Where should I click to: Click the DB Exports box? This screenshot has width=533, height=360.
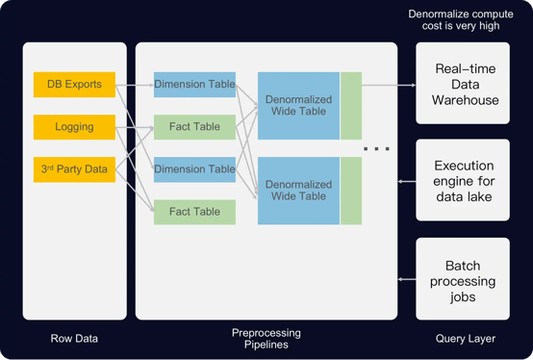point(74,84)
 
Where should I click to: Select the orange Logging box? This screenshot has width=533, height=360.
point(74,126)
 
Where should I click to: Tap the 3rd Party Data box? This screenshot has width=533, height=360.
point(74,169)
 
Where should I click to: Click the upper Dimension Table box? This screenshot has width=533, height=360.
point(195,84)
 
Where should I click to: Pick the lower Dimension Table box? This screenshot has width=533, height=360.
point(195,169)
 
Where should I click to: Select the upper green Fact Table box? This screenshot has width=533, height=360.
point(195,126)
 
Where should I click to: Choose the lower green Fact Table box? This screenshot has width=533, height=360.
point(195,212)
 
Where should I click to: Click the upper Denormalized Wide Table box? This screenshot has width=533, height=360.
point(298,106)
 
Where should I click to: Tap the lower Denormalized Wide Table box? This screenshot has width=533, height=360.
point(298,191)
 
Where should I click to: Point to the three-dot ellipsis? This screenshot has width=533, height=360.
point(376,149)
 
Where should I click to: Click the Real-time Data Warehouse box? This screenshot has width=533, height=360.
point(463,84)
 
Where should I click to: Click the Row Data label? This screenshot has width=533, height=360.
point(74,338)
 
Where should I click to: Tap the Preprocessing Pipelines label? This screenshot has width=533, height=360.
point(266,339)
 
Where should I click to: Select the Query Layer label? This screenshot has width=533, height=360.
point(463,338)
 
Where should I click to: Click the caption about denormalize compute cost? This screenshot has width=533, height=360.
point(454,21)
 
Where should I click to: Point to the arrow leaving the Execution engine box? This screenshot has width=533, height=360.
point(405,180)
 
